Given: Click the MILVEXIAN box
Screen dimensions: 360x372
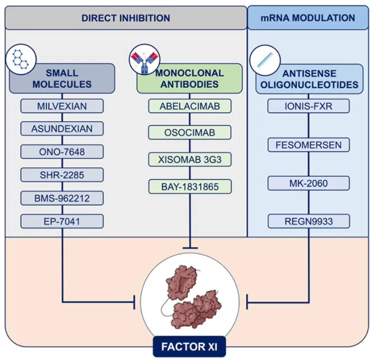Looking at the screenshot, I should click(63, 106).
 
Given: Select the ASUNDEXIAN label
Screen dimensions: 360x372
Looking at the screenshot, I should click(63, 128).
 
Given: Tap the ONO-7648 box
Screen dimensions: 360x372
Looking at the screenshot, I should click(63, 151).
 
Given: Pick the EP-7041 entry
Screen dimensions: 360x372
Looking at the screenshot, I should click(63, 220).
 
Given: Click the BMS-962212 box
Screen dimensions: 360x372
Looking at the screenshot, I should click(63, 197).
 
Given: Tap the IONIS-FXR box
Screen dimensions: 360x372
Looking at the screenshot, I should click(308, 106).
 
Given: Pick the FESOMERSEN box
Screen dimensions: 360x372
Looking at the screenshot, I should click(308, 145).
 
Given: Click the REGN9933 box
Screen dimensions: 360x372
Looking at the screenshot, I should click(308, 221).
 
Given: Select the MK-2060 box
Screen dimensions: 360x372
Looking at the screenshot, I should click(308, 183).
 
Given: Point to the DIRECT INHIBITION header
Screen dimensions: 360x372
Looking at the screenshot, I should click(126, 18).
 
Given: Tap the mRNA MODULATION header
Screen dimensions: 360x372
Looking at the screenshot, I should click(308, 18).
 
